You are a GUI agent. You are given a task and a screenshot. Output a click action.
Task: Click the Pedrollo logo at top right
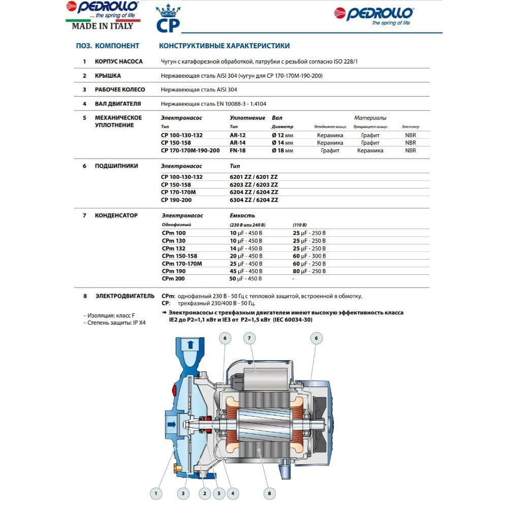click(x=374, y=16)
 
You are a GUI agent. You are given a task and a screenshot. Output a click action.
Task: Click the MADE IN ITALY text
click(x=102, y=25)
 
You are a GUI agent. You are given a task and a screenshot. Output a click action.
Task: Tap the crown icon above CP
click(x=168, y=11)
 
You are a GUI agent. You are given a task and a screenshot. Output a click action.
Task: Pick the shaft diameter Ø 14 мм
click(x=282, y=143)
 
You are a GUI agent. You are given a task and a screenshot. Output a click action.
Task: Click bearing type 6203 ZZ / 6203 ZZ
click(x=254, y=184)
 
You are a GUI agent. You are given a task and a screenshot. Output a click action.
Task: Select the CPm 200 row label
click(x=174, y=278)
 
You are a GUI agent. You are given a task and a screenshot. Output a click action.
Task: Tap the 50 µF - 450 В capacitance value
click(x=246, y=278)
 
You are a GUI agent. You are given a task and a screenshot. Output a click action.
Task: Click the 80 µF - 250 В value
click(x=309, y=271)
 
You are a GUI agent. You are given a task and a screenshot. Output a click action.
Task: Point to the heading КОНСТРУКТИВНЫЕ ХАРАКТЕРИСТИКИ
click(x=225, y=46)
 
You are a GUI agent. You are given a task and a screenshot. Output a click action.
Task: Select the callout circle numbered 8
click(x=270, y=492)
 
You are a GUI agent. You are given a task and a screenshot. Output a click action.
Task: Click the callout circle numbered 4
click(x=233, y=492)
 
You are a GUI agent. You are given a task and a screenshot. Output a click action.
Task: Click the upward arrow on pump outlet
click(x=190, y=345)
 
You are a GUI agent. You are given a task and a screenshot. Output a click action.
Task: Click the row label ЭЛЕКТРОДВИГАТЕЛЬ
click(x=124, y=296)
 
